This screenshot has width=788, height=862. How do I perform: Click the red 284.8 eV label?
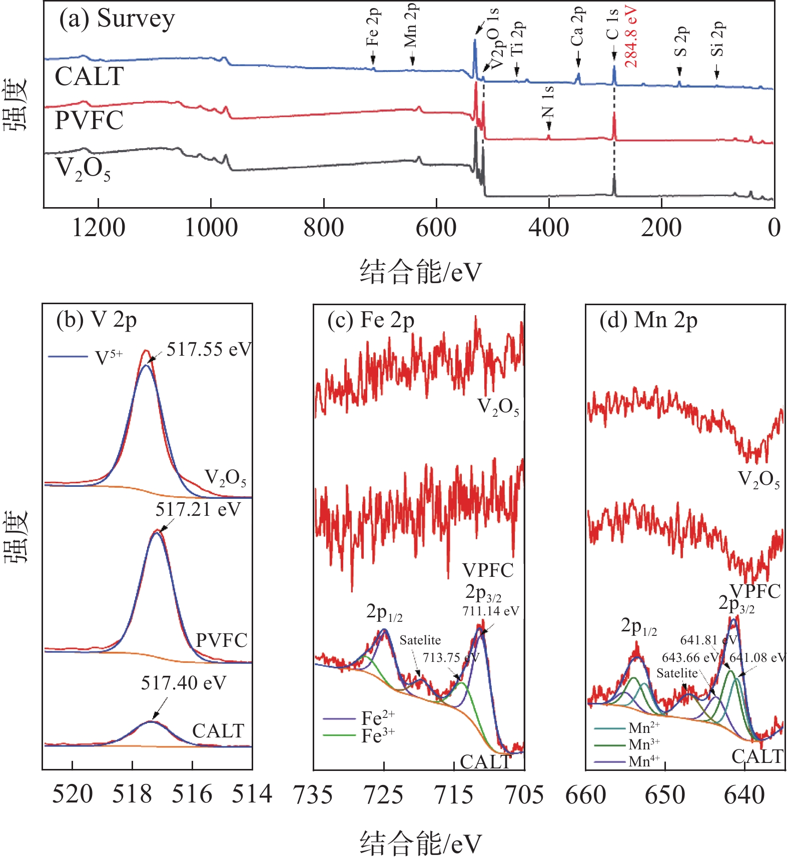630,38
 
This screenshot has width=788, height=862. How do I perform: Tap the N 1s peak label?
548,102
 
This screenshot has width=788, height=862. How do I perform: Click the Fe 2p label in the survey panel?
373,28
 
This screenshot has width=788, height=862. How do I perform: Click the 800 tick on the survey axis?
324,228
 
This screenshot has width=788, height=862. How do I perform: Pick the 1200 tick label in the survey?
99,228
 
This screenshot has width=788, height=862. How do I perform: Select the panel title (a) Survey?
117,19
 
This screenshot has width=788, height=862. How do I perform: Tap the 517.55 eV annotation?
209,349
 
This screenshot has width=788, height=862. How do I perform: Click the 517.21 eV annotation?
198,509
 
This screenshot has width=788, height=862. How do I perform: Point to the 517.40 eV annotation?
183,682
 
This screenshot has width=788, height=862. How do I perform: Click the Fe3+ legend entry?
378,735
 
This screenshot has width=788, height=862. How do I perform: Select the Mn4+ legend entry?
644,761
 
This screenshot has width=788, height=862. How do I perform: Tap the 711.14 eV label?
491,611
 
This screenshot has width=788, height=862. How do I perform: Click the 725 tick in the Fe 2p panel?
384,795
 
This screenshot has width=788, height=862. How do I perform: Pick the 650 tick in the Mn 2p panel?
665,795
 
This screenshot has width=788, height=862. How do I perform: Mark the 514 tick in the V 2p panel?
252,794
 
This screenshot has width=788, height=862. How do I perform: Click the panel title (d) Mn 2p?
648,320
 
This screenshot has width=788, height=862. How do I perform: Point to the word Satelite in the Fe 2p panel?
420,640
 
